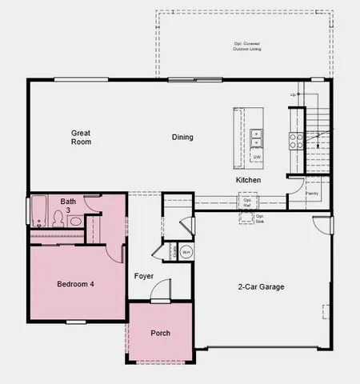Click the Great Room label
click(81, 137)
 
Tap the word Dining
click(182, 137)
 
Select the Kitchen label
click(248, 181)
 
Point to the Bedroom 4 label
click(75, 285)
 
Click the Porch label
click(160, 333)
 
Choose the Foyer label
click(144, 276)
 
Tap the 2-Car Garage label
click(261, 287)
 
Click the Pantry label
click(312, 193)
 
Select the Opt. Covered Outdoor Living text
click(247, 46)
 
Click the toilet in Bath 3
click(51, 219)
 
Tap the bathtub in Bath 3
click(36, 213)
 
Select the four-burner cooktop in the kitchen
click(296, 141)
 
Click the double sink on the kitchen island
click(257, 139)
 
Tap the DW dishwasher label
click(257, 157)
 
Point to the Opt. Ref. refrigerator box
click(247, 204)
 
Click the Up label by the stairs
click(294, 94)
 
